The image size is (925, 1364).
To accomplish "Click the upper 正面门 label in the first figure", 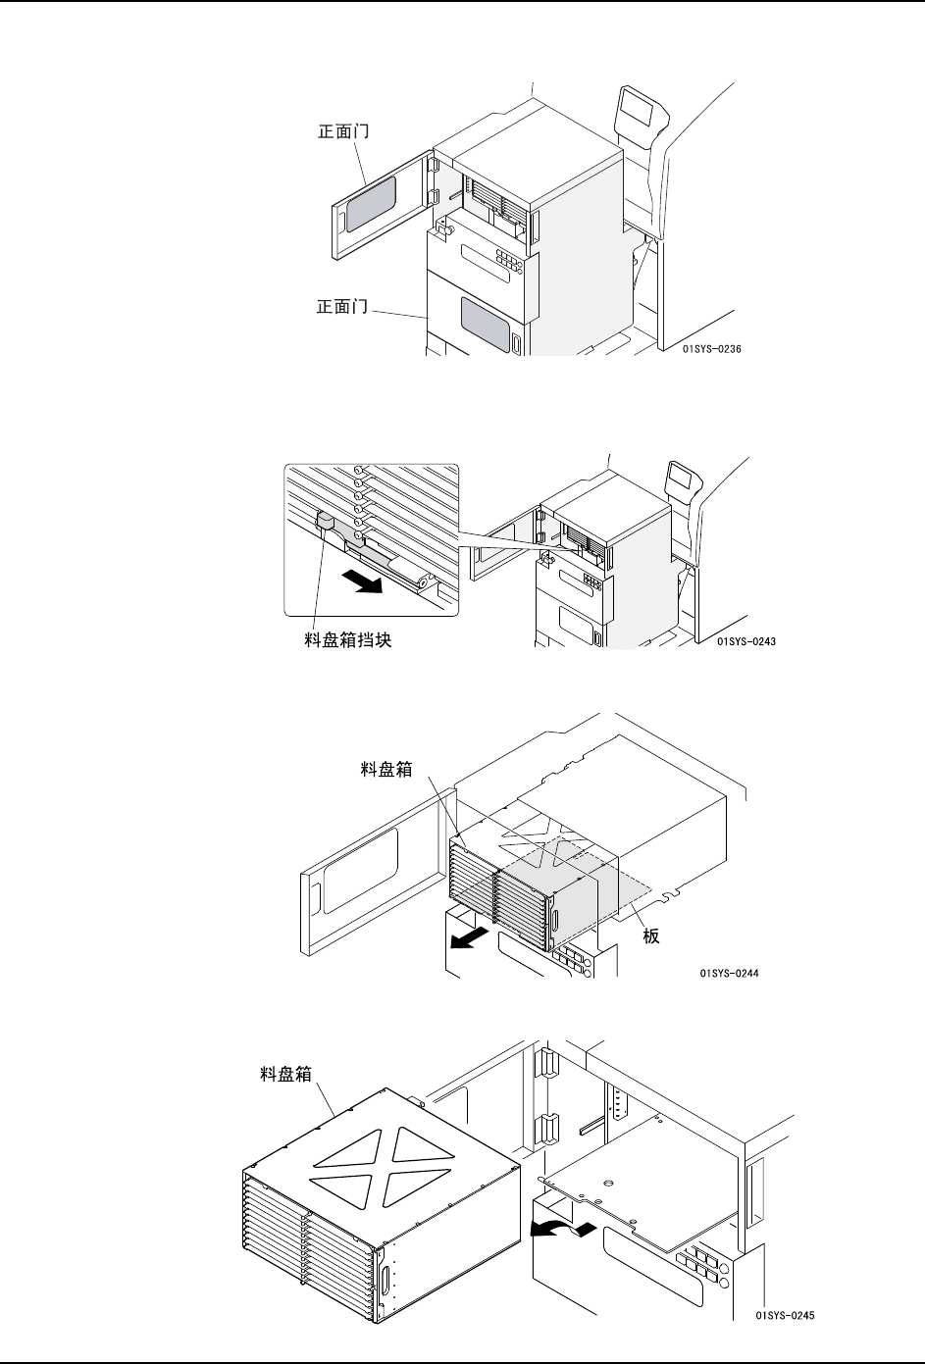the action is coord(342,130).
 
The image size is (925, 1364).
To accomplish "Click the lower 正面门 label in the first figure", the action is coord(342,308).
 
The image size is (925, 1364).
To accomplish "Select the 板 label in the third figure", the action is coord(650,936).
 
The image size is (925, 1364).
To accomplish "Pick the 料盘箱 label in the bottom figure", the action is coord(279,1074).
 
